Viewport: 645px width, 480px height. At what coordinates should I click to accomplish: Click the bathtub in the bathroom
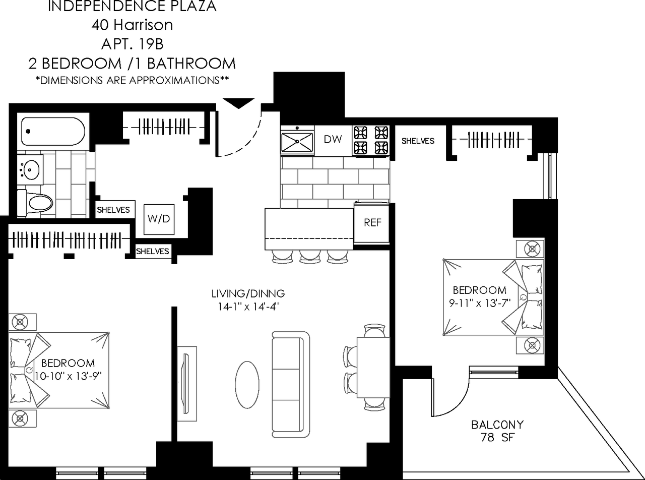pos(52,132)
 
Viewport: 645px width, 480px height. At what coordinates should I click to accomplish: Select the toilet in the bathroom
pos(37,203)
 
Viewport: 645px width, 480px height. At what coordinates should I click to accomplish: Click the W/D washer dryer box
pos(159,219)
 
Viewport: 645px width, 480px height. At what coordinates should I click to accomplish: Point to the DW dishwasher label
pos(333,139)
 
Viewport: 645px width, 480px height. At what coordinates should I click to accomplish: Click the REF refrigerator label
pos(372,223)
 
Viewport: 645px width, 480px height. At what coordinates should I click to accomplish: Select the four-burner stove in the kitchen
pos(371,140)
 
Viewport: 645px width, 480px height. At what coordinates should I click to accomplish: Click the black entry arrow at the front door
pos(238,103)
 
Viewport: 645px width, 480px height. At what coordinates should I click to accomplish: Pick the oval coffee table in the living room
pos(247,382)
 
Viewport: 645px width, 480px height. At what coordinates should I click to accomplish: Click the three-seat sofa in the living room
pos(291,384)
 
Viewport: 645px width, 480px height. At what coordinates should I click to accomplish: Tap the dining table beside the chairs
pos(373,366)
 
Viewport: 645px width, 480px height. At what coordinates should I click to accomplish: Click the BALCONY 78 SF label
pos(497,431)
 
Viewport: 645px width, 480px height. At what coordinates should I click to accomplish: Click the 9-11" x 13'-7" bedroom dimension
pos(479,303)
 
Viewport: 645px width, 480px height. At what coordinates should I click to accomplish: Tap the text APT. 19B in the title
pos(132,44)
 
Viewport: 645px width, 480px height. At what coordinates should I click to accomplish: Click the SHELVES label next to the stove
pos(418,141)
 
